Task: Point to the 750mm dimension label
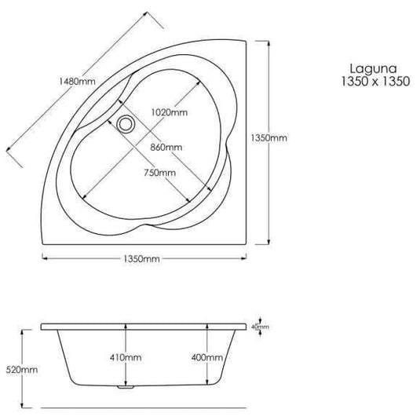click(159, 173)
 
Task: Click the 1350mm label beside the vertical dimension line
click(268, 138)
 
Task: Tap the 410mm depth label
click(125, 357)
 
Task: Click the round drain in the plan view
click(125, 122)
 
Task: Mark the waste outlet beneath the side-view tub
click(122, 386)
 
